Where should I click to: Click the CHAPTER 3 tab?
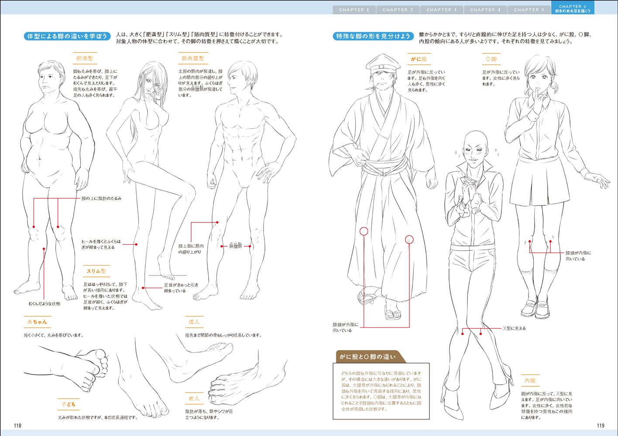click(441, 10)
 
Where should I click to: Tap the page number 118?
click(17, 426)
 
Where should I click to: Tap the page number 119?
click(600, 426)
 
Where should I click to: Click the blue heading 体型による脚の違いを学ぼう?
click(67, 36)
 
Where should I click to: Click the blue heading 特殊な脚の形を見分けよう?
click(373, 36)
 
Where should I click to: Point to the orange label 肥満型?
click(84, 58)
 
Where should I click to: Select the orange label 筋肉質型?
click(192, 58)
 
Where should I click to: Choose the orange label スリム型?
click(96, 271)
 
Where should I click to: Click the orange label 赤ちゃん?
click(37, 322)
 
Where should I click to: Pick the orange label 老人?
click(194, 399)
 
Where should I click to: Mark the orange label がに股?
click(419, 59)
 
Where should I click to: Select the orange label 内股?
click(530, 381)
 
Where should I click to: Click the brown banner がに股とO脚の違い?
click(367, 357)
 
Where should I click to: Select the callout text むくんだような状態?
click(45, 303)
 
